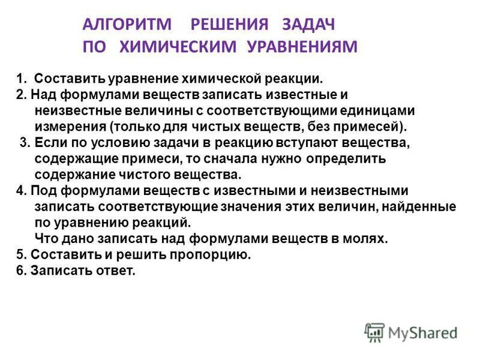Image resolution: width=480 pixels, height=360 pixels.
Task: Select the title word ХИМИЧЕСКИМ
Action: [181, 47]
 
